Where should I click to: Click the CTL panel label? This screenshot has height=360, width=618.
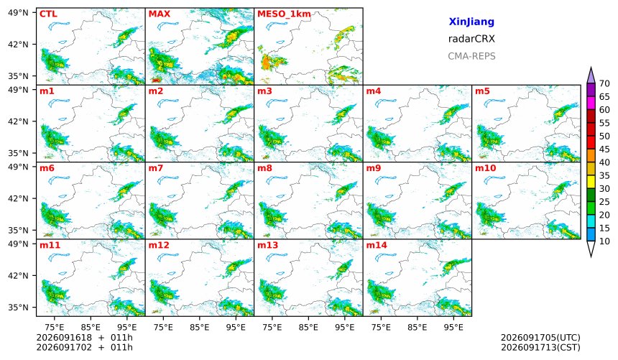click(48, 14)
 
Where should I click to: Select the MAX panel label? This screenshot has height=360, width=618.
click(160, 14)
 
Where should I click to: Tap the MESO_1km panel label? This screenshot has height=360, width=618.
click(284, 14)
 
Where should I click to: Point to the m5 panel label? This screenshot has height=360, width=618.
click(482, 91)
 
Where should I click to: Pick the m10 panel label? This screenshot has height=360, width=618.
click(485, 168)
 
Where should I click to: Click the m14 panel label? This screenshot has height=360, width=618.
click(377, 245)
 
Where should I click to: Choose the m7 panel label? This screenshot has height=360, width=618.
click(156, 168)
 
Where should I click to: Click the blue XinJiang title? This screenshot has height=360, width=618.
click(471, 22)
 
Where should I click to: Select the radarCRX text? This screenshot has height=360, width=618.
click(471, 39)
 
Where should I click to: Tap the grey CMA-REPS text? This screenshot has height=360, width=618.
click(471, 56)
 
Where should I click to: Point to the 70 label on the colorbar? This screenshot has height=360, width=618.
click(604, 83)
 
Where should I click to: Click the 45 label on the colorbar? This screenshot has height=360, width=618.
click(604, 149)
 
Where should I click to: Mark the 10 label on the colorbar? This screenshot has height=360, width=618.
click(604, 241)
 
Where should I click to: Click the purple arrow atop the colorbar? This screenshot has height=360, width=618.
click(591, 75)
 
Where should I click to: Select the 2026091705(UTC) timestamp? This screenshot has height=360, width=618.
click(540, 338)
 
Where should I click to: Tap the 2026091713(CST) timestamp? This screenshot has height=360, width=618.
click(540, 348)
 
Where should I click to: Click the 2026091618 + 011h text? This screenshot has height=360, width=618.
click(84, 338)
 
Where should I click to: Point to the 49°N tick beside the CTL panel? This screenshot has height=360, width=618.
click(18, 13)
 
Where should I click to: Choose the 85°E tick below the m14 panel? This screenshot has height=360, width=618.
click(418, 327)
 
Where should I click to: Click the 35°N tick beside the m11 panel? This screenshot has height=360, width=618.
click(18, 307)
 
